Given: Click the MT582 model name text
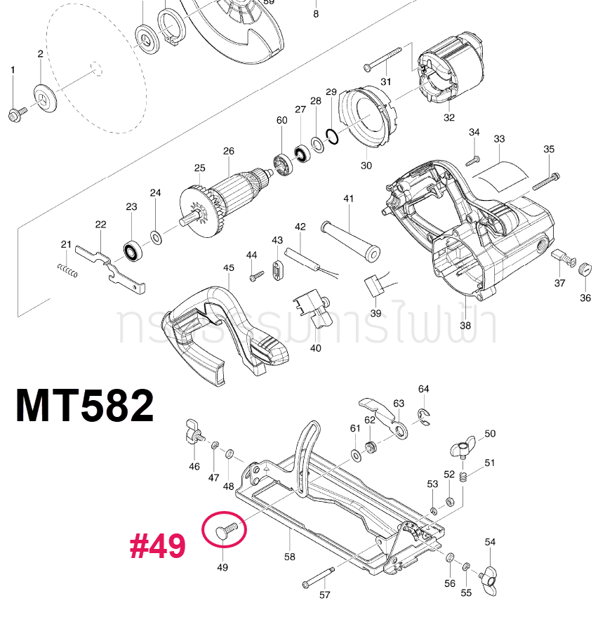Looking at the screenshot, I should (x=85, y=406).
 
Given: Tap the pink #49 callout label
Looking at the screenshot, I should (x=157, y=546).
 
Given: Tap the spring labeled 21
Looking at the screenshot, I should (x=67, y=269).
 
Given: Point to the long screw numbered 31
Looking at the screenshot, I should (x=382, y=59).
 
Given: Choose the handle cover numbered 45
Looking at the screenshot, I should (x=225, y=330).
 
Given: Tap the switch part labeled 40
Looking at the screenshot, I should (x=310, y=309).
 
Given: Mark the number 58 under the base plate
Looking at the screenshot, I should (x=290, y=557).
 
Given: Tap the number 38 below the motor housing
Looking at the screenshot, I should (x=465, y=325).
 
